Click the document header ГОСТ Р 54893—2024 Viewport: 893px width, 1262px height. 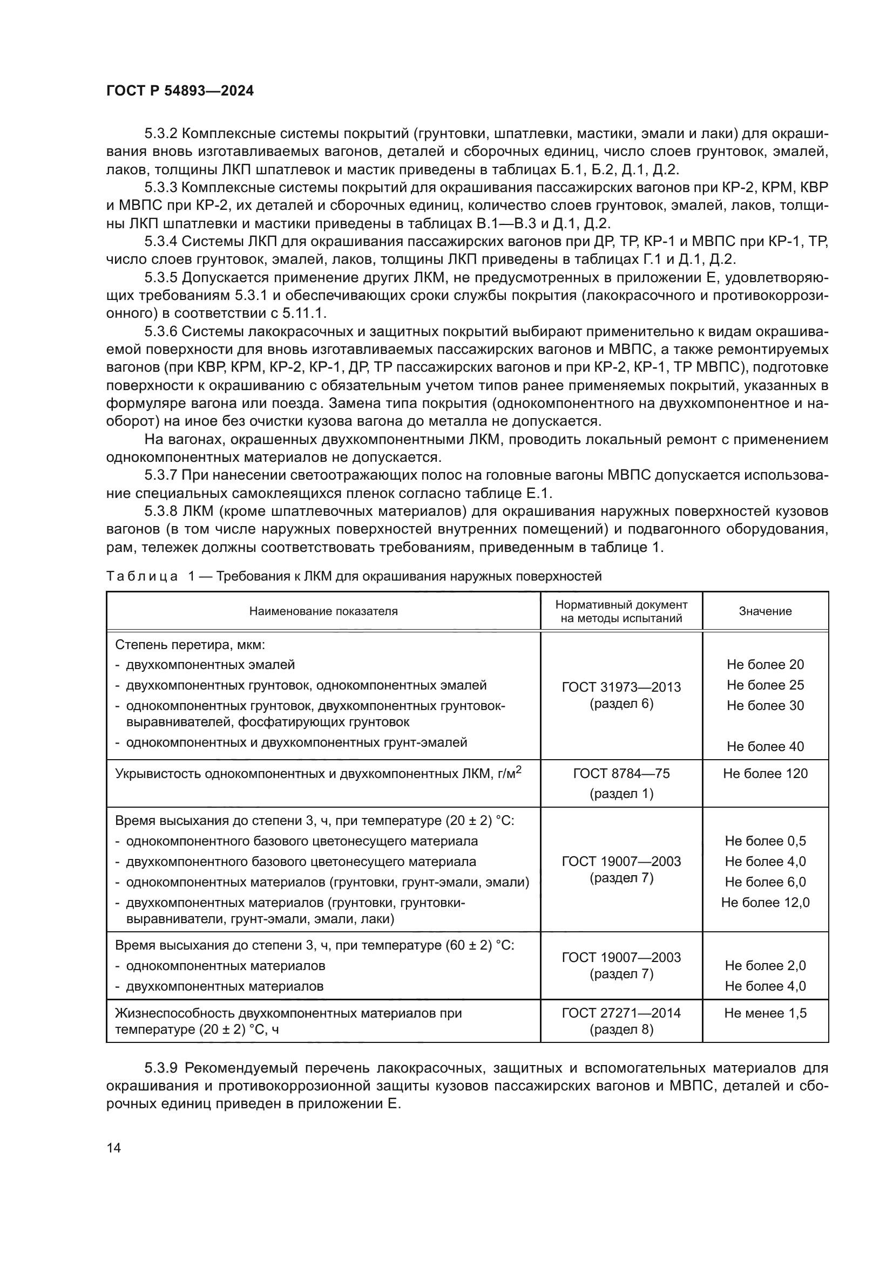pyautogui.click(x=180, y=91)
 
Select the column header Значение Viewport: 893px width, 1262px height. pyautogui.click(x=765, y=611)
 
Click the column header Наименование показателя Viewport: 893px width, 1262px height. pyautogui.click(x=323, y=611)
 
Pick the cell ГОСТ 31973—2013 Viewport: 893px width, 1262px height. pyautogui.click(x=621, y=687)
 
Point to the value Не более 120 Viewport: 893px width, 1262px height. pyautogui.click(x=765, y=774)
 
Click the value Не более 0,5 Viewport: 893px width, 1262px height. pyautogui.click(x=765, y=841)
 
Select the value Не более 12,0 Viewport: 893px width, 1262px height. pyautogui.click(x=765, y=903)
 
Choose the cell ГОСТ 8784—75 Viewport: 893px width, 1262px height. pyautogui.click(x=621, y=774)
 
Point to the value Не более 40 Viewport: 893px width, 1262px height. pyautogui.click(x=765, y=746)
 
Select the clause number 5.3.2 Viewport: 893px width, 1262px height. pyautogui.click(x=161, y=134)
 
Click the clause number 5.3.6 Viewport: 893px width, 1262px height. pyautogui.click(x=161, y=331)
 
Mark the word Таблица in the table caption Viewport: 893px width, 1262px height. pyautogui.click(x=142, y=577)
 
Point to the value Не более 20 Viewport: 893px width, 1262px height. pyautogui.click(x=765, y=665)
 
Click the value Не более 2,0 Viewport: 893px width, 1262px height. pyautogui.click(x=765, y=966)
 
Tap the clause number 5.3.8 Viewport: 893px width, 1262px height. pyautogui.click(x=161, y=511)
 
